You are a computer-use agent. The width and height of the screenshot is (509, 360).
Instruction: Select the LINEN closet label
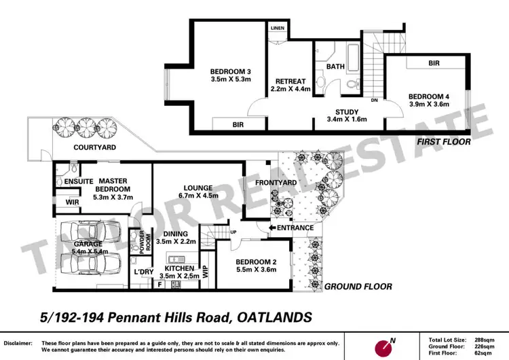(278, 29)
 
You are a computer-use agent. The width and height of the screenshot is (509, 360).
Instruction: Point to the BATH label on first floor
(335, 67)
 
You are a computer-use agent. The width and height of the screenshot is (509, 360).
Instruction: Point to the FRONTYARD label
(273, 183)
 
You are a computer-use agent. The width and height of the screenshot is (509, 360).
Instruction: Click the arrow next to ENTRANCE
(271, 228)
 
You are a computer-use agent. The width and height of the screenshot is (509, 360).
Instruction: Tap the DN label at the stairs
(374, 101)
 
